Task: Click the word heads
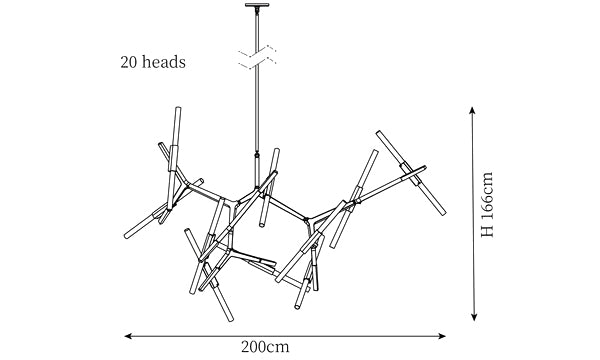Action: pyautogui.click(x=164, y=62)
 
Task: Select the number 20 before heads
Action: pyautogui.click(x=129, y=62)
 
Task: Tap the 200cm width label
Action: pyautogui.click(x=265, y=347)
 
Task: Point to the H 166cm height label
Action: pyautogui.click(x=487, y=205)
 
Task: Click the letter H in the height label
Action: pyautogui.click(x=487, y=232)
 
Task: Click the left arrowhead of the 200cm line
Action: pyautogui.click(x=128, y=336)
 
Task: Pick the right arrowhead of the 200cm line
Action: pyautogui.click(x=442, y=336)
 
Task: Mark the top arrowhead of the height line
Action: pyautogui.click(x=473, y=110)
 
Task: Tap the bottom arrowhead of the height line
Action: pyautogui.click(x=474, y=317)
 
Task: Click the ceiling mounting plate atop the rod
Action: pyautogui.click(x=257, y=5)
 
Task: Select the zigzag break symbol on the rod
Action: pyautogui.click(x=257, y=57)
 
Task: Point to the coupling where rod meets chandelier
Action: pyautogui.click(x=257, y=155)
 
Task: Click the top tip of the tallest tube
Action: pyautogui.click(x=178, y=108)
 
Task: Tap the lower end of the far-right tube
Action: pyautogui.click(x=443, y=213)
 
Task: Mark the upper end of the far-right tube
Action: pyautogui.click(x=379, y=133)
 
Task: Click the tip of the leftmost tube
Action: pyautogui.click(x=127, y=236)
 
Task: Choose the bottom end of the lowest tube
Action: pyautogui.click(x=230, y=319)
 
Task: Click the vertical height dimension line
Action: pyautogui.click(x=473, y=214)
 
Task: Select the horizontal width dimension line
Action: pyautogui.click(x=285, y=336)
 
